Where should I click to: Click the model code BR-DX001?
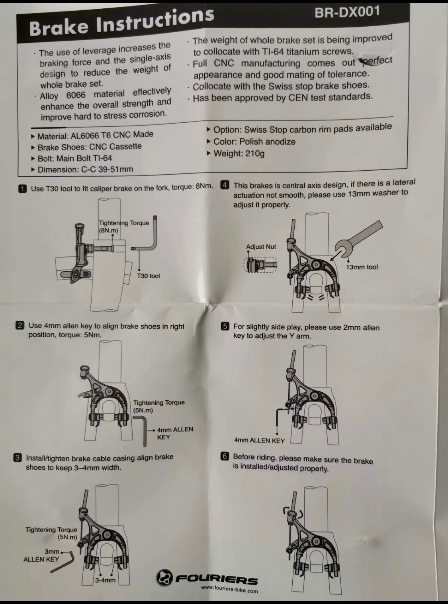347,12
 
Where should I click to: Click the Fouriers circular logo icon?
164,585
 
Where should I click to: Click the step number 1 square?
22,189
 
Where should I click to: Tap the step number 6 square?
225,456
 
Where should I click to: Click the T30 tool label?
148,276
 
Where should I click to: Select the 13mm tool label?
362,267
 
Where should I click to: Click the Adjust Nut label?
261,247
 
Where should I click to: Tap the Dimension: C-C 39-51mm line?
82,169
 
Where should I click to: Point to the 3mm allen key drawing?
63,562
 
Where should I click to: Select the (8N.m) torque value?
109,230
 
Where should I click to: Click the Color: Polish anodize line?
251,142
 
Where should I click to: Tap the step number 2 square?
20,325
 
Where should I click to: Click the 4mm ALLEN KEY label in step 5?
260,440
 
